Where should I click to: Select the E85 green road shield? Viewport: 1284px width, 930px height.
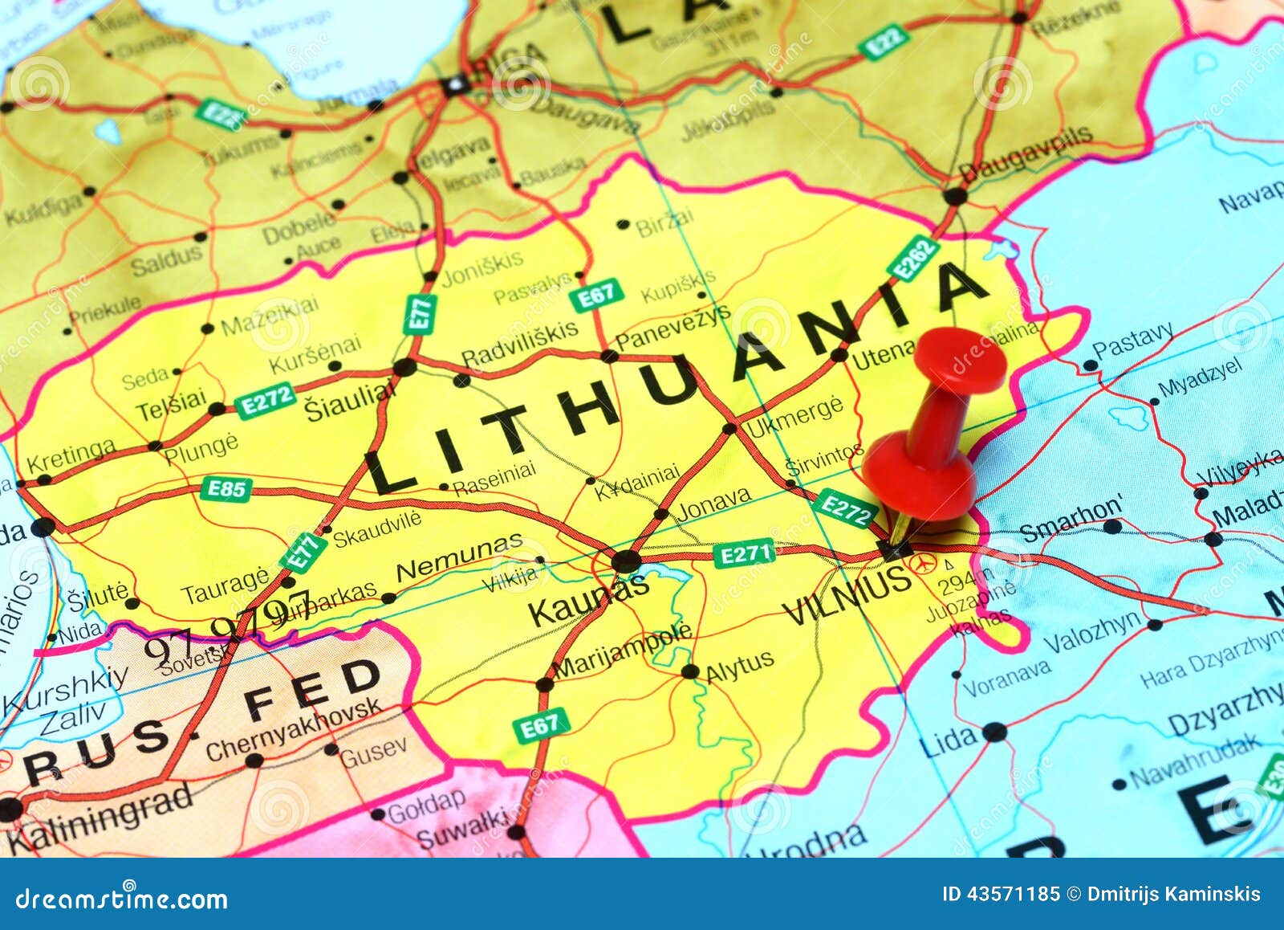[x=227, y=488]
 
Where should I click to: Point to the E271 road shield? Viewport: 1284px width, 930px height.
[x=746, y=553]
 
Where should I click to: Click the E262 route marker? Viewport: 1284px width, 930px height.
[x=914, y=259]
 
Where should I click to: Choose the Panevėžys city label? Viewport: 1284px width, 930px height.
[x=672, y=328]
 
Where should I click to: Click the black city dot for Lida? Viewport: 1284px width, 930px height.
[x=994, y=732]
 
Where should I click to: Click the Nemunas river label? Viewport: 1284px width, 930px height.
[x=459, y=558]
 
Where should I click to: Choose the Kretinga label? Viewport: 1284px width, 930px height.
[x=71, y=457]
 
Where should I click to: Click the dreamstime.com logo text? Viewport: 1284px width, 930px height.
[x=122, y=898]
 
